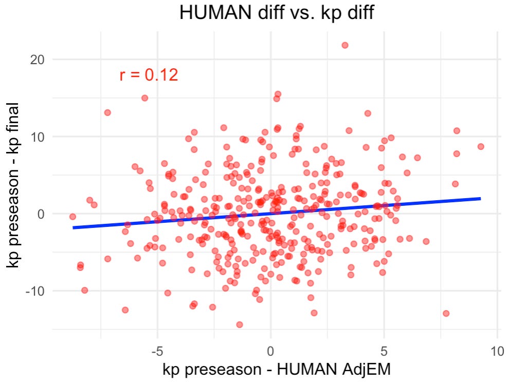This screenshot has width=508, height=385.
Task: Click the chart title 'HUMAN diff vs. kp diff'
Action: click(276, 13)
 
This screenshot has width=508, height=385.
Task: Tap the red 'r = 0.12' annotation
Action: click(149, 75)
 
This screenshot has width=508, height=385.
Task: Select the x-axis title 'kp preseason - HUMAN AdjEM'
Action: click(277, 370)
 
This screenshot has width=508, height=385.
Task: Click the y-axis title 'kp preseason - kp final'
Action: click(14, 185)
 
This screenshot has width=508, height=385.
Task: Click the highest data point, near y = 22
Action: click(345, 45)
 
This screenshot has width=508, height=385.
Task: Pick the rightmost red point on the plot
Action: click(481, 146)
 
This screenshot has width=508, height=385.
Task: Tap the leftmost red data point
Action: click(72, 217)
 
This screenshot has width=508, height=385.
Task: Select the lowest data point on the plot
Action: click(239, 324)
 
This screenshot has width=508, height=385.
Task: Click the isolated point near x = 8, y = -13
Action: click(446, 313)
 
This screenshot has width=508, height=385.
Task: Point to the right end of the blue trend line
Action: click(480, 198)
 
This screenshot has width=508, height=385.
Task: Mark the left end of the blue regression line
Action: click(74, 227)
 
